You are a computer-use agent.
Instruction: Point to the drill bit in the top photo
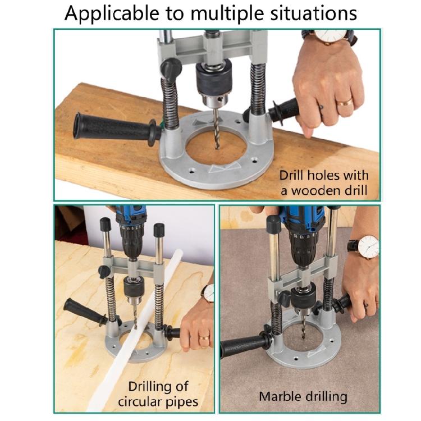[x=217, y=130]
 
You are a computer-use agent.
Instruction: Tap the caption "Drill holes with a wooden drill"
[x=324, y=182]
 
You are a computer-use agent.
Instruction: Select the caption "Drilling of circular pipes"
[x=159, y=394]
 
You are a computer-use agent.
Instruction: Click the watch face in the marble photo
[x=368, y=246]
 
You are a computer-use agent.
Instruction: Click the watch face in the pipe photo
[x=209, y=293]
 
